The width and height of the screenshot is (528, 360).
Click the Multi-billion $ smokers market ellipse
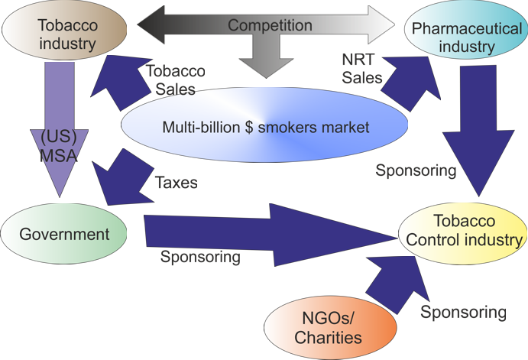click(266, 127)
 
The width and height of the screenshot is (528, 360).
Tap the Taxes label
click(177, 183)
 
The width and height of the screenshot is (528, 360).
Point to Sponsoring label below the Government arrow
click(200, 258)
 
